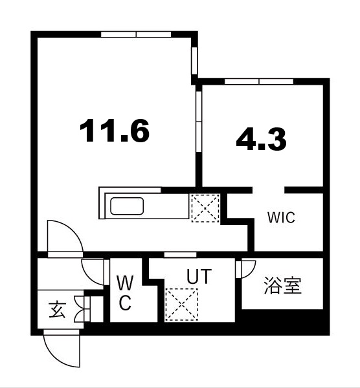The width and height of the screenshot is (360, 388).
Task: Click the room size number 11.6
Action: click(x=115, y=131)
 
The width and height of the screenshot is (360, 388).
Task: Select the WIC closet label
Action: click(x=281, y=218)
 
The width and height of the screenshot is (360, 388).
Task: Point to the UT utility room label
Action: click(x=199, y=277)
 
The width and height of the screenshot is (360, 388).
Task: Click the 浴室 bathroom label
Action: click(x=282, y=286)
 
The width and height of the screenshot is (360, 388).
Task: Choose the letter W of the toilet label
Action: click(x=126, y=283)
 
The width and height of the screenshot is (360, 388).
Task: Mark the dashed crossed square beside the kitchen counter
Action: click(x=205, y=208)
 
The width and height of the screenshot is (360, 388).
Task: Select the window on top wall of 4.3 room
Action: click(x=259, y=81)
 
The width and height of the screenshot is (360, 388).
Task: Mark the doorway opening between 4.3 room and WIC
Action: click(x=269, y=189)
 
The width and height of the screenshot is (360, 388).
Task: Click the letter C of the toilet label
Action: click(x=126, y=303)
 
